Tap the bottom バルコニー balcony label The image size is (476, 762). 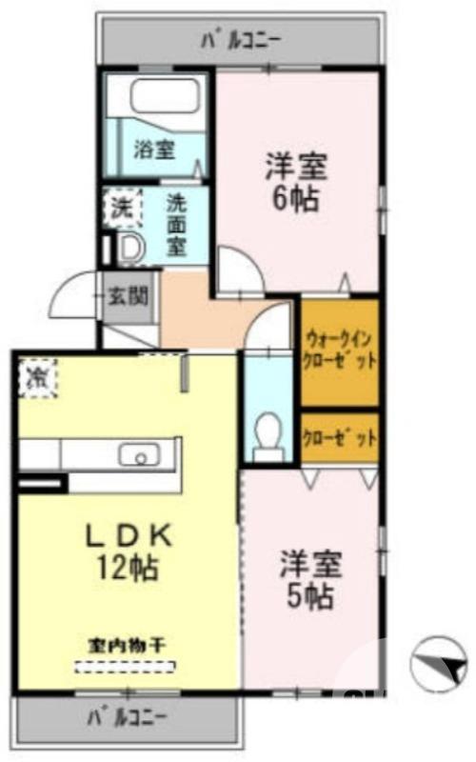tap(128, 714)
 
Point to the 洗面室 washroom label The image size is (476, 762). tap(177, 225)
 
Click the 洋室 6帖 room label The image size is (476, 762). tap(295, 181)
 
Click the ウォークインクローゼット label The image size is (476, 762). tap(340, 350)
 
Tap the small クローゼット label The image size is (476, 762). tap(340, 438)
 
